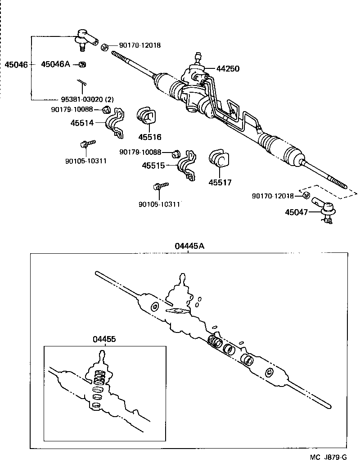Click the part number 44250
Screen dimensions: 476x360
(228, 69)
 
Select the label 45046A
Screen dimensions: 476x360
(55, 64)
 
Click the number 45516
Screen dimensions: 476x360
(149, 137)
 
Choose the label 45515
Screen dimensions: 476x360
(153, 166)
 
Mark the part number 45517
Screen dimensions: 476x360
(220, 182)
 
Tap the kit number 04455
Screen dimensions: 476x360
(104, 339)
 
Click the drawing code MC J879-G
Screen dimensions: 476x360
(328, 457)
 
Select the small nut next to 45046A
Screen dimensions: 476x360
(82, 64)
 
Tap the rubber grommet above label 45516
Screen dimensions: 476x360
(146, 116)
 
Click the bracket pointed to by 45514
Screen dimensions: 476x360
(115, 122)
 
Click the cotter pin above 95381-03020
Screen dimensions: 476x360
(81, 84)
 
